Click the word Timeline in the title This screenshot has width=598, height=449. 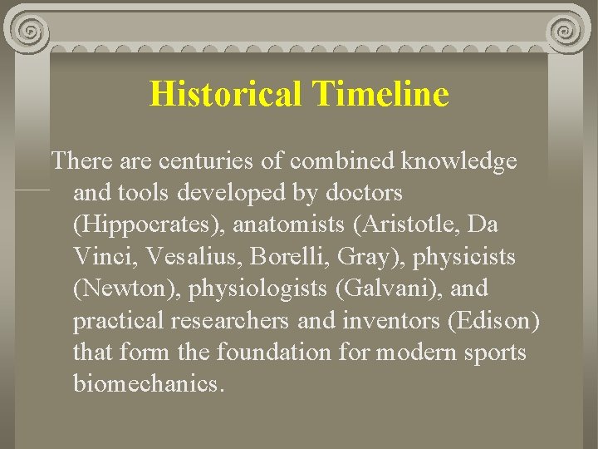(381, 94)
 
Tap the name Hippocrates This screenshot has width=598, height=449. (149, 225)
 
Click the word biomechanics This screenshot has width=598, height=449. (148, 384)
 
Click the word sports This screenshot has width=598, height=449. (495, 353)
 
